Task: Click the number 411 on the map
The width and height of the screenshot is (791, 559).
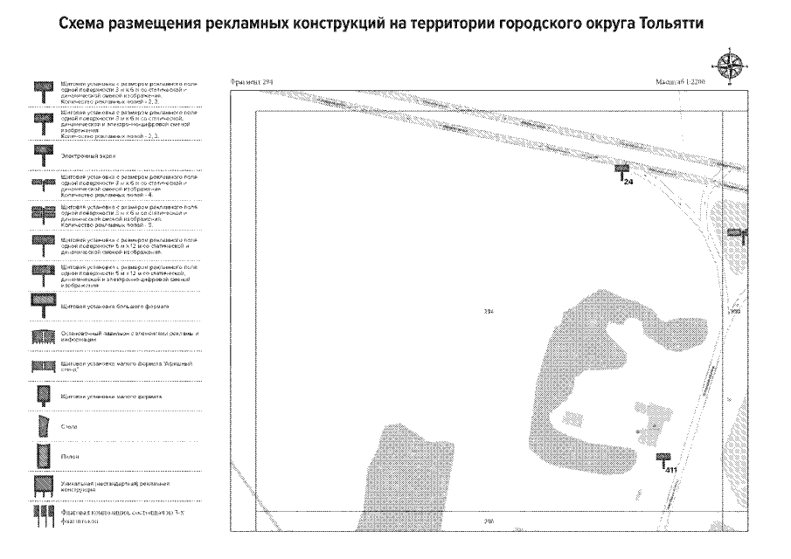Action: coord(671,471)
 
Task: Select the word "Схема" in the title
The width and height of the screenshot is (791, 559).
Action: coord(86,24)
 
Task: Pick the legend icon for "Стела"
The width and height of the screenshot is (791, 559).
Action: coord(39,426)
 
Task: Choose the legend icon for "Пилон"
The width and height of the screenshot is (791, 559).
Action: coord(39,456)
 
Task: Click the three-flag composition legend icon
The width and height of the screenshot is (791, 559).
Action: coord(39,518)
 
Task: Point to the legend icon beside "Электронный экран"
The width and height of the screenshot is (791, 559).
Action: coord(39,152)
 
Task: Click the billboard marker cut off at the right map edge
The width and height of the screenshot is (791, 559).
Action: coord(737,233)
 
